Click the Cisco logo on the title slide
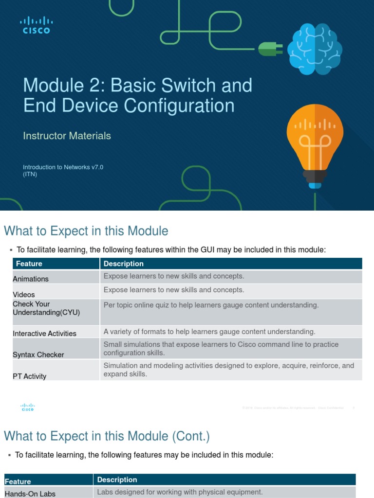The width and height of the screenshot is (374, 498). pyautogui.click(x=37, y=25)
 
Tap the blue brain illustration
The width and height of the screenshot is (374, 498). pyautogui.click(x=314, y=49)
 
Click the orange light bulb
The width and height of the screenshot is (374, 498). pyautogui.click(x=315, y=143)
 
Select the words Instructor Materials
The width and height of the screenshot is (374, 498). pyautogui.click(x=67, y=136)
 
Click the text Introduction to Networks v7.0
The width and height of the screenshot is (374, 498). pyautogui.click(x=63, y=167)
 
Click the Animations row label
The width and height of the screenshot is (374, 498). pyautogui.click(x=31, y=279)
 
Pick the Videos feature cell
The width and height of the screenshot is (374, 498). pyautogui.click(x=24, y=294)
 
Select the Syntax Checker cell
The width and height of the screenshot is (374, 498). pyautogui.click(x=38, y=355)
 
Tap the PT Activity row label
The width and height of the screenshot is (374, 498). pyautogui.click(x=30, y=376)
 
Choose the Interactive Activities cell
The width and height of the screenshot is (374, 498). pyautogui.click(x=45, y=333)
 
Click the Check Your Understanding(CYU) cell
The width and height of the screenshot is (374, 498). pyautogui.click(x=46, y=308)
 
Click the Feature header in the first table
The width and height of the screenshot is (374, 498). pyautogui.click(x=29, y=264)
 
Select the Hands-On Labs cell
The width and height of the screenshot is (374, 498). pyautogui.click(x=30, y=494)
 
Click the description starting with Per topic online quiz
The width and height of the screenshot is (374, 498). pyautogui.click(x=211, y=305)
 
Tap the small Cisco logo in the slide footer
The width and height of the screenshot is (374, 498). pyautogui.click(x=28, y=408)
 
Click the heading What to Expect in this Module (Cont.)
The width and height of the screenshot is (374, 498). pyautogui.click(x=107, y=436)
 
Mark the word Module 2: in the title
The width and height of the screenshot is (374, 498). pyautogui.click(x=64, y=86)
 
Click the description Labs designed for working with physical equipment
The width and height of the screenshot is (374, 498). pyautogui.click(x=180, y=492)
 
